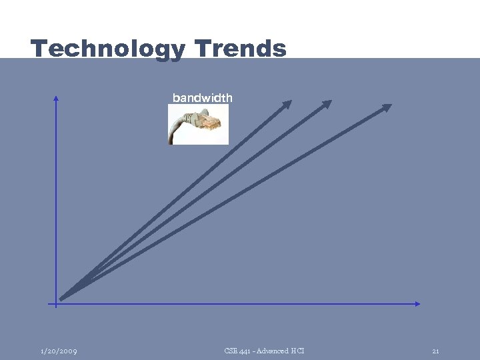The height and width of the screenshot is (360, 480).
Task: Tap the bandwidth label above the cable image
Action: point(202,98)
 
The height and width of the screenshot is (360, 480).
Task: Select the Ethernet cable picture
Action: point(198,125)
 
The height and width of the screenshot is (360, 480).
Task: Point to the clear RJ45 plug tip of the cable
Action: point(214,121)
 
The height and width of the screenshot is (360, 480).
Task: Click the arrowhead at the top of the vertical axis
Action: point(56,98)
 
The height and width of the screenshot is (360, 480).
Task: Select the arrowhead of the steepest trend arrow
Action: point(287,103)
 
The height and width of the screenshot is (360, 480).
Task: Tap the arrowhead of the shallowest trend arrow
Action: point(387,107)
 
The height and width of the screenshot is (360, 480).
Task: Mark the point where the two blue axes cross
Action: point(56,303)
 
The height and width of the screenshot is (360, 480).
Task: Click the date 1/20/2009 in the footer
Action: point(58,351)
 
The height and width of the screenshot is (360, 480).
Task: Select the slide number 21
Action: point(435,351)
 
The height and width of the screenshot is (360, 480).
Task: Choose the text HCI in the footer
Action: point(297,351)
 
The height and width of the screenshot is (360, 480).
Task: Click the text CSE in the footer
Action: point(231,351)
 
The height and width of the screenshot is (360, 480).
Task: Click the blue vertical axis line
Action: point(56,200)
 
